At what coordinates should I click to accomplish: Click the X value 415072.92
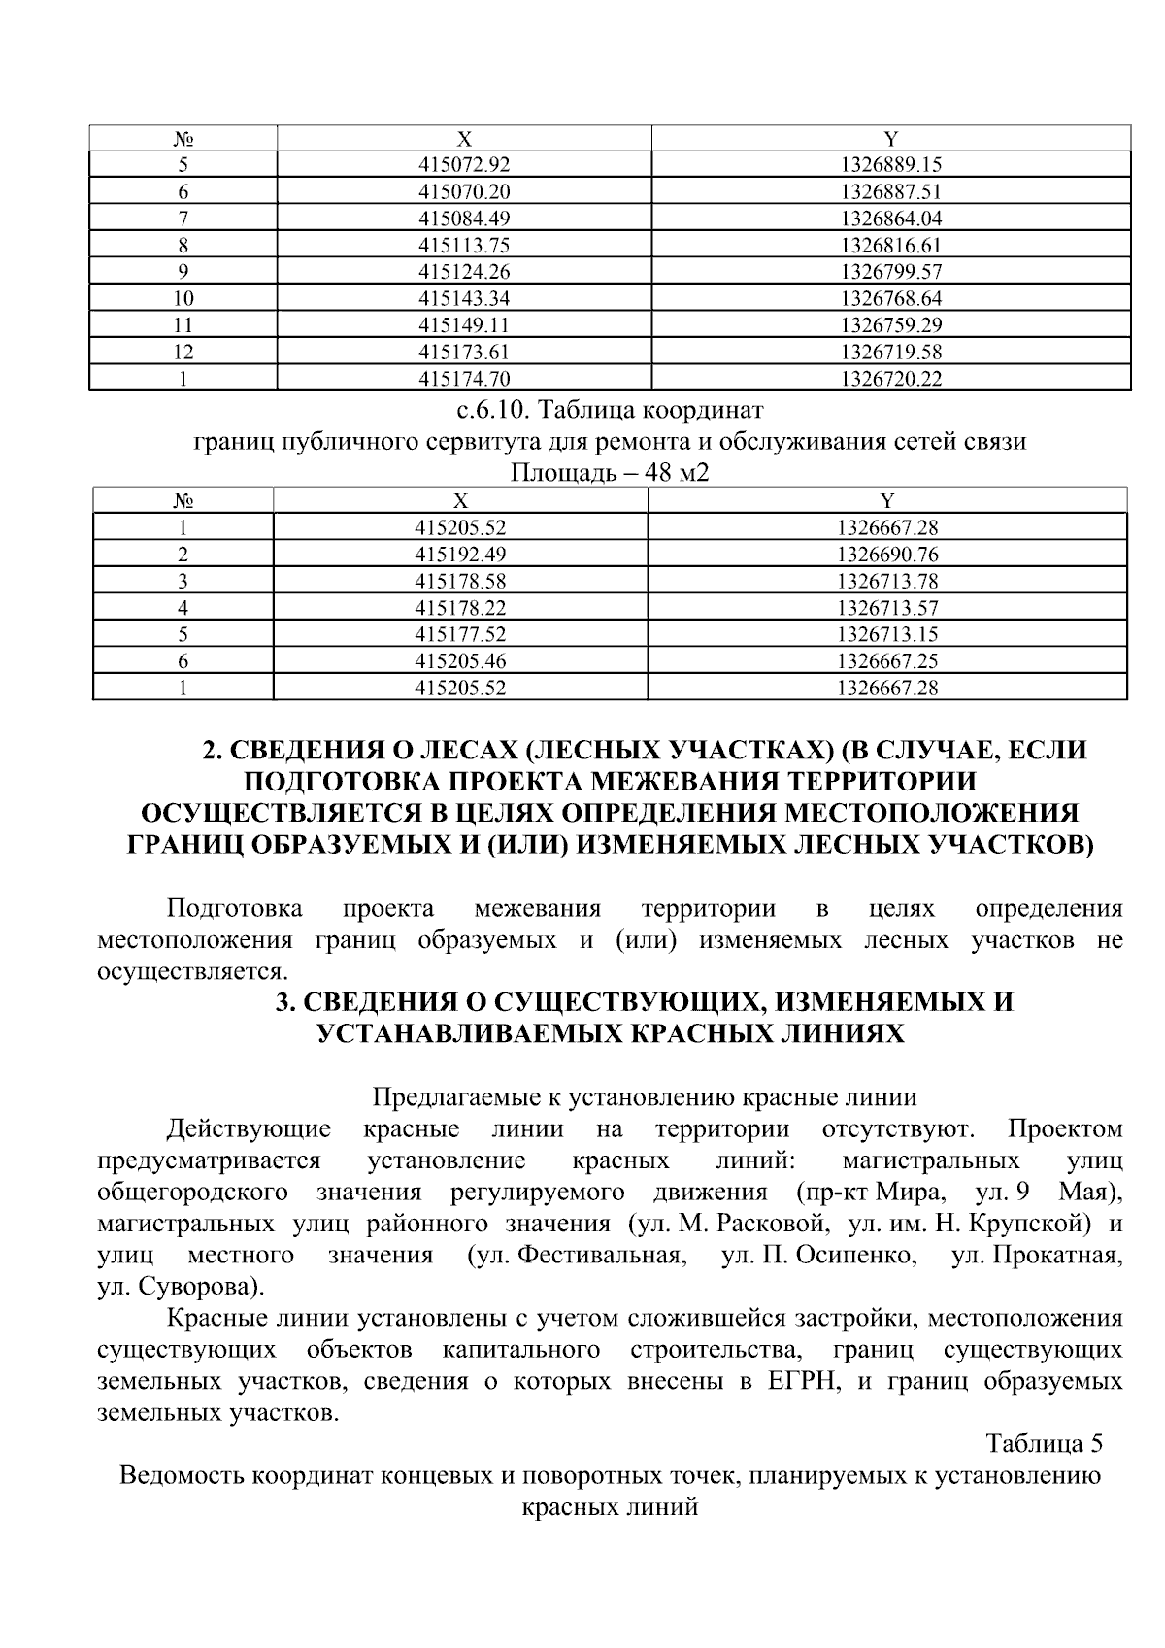(463, 165)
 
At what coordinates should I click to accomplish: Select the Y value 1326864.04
(890, 219)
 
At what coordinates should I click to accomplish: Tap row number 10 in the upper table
(183, 298)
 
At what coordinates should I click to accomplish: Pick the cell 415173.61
(463, 352)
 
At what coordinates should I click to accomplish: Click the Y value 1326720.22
(890, 379)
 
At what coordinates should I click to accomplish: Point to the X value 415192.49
(460, 555)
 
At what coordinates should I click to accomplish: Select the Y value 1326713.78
(886, 582)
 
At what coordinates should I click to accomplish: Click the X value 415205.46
(460, 662)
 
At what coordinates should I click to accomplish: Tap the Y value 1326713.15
(886, 635)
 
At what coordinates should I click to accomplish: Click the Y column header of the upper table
(890, 138)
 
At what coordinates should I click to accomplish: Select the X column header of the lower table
(460, 501)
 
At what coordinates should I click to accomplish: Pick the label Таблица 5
(1045, 1443)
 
